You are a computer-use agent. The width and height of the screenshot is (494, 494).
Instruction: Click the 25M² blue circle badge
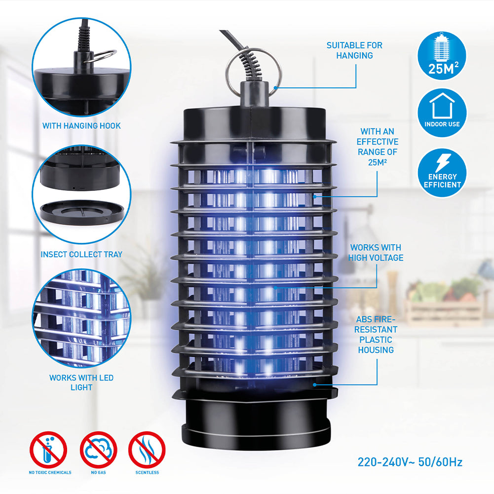442,56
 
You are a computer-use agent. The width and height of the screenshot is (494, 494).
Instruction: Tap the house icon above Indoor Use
442,106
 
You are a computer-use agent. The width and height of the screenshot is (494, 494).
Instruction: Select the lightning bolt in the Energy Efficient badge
443,163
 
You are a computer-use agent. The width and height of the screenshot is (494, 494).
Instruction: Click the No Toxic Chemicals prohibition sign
48,450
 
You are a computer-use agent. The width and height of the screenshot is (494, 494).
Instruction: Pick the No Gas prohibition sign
98,450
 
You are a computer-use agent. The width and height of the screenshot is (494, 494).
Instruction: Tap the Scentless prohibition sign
147,450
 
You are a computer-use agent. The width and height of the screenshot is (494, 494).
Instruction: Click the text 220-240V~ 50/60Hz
410,462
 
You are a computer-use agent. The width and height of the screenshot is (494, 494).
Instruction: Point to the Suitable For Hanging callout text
354,50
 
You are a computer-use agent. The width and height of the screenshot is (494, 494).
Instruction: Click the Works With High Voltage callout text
376,253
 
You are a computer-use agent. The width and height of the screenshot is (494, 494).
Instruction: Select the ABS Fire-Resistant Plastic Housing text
376,335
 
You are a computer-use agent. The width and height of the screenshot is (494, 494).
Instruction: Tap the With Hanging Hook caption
81,126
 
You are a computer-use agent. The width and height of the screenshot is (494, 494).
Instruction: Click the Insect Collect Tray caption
81,254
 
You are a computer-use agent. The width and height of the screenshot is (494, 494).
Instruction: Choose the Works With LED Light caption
81,382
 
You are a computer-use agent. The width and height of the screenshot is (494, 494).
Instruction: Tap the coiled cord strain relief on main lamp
251,65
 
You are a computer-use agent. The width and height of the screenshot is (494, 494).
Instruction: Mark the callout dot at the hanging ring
275,88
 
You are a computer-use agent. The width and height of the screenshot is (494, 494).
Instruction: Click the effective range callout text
378,147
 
